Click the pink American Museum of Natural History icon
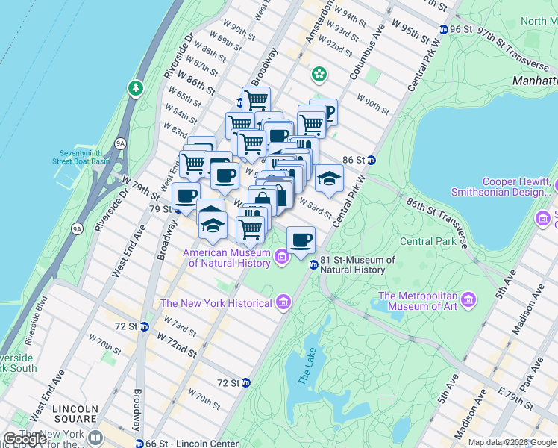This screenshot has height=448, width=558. (x=282, y=258)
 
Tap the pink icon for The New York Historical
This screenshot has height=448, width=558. (x=283, y=302)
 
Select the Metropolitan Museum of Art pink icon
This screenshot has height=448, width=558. (x=468, y=300)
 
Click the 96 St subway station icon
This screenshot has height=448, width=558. (x=445, y=29)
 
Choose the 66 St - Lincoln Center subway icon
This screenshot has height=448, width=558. (x=149, y=443)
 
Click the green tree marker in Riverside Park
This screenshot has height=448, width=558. (x=135, y=89)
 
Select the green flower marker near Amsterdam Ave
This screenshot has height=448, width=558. (x=319, y=74)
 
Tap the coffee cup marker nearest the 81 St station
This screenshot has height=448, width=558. (x=301, y=240)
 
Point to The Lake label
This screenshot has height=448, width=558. (x=304, y=367)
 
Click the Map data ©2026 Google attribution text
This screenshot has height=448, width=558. (x=512, y=442)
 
